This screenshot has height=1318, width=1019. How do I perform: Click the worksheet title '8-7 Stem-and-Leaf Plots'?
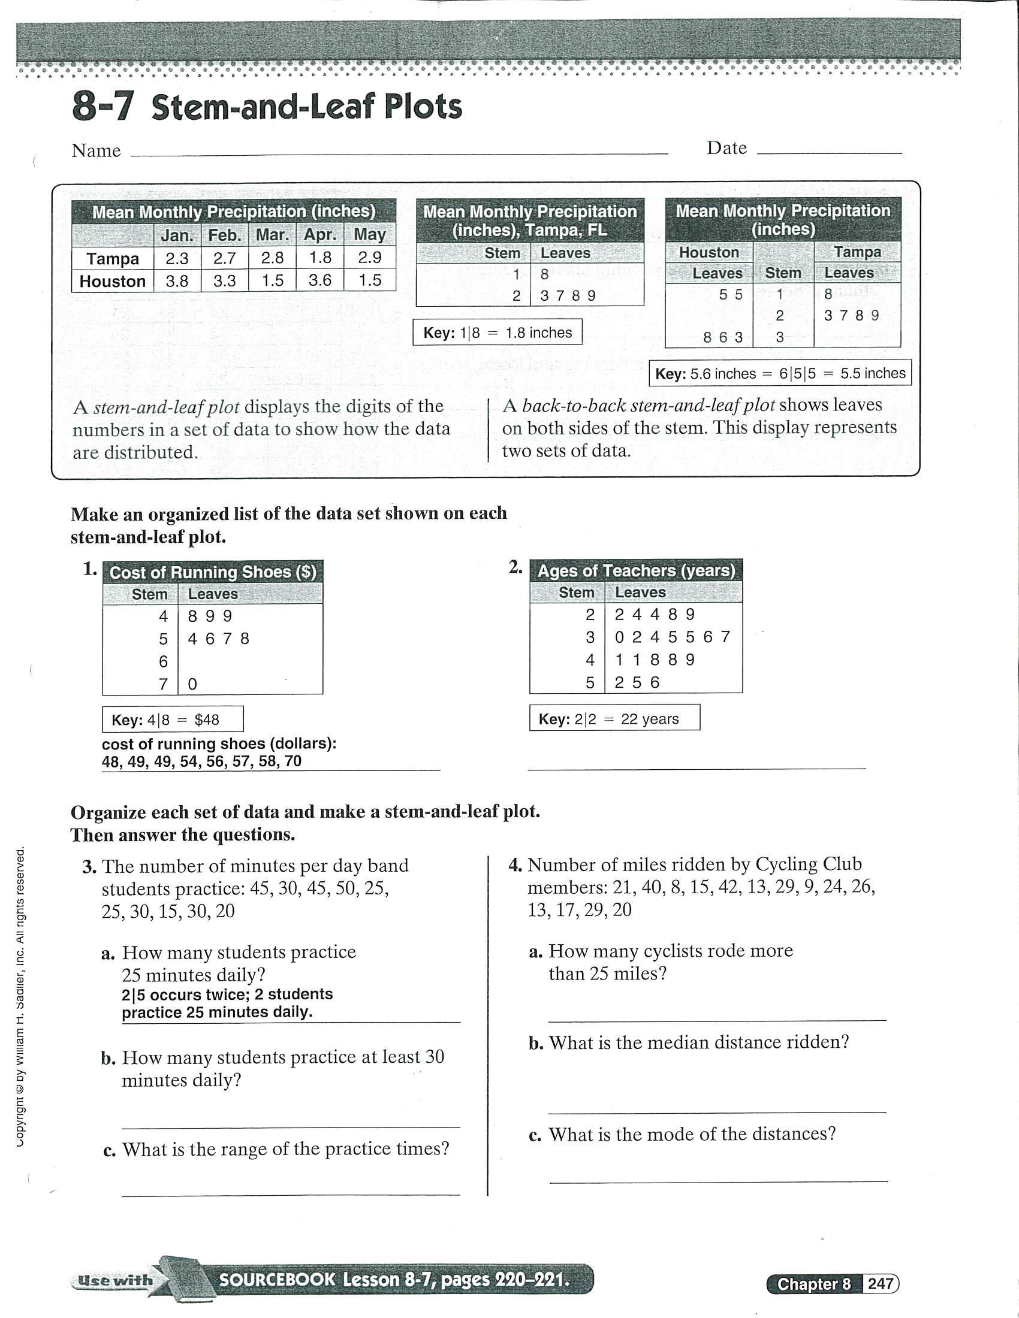267,107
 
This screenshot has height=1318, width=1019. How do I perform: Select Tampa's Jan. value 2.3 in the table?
177,258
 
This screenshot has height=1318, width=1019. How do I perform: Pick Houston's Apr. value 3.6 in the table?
320,280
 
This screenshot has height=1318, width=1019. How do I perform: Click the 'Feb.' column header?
225,235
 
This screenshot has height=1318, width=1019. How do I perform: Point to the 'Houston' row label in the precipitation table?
112,281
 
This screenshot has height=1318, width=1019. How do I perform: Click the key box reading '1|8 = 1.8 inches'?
498,332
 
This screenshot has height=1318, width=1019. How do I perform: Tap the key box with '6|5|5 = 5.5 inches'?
780,374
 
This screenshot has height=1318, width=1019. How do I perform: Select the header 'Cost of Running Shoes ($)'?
213,572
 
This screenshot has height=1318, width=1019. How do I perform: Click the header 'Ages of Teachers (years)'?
635,570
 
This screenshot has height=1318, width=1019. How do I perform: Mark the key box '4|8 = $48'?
173,720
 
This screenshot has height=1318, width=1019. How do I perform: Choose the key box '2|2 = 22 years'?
614,718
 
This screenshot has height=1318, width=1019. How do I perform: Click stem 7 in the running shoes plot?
163,684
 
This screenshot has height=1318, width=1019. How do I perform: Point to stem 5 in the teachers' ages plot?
590,682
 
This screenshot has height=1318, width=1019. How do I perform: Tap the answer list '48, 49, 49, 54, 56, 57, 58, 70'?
201,761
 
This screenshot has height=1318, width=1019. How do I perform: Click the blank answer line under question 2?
696,766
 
